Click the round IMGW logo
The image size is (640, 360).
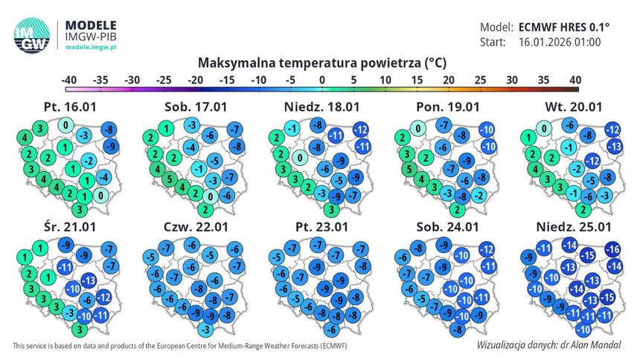[x=32, y=35]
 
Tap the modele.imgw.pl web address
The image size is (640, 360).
[x=91, y=48]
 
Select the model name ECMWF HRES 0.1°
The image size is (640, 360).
[x=564, y=28]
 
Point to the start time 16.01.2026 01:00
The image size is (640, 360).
[x=560, y=42]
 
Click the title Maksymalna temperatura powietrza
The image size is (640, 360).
[x=310, y=63]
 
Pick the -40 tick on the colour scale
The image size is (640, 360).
[x=69, y=80]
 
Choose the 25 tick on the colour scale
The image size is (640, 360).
[x=481, y=80]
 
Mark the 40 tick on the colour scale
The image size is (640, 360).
[x=575, y=80]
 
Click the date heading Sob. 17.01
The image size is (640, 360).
[x=196, y=107]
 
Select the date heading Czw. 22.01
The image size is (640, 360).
[x=196, y=227]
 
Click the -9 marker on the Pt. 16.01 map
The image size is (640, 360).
[x=111, y=146]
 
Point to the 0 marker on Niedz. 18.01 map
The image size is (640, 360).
[x=300, y=158]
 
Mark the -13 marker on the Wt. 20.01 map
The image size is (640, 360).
[x=614, y=146]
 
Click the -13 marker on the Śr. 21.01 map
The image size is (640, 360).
[x=89, y=280]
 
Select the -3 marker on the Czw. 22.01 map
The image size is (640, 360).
[x=206, y=329]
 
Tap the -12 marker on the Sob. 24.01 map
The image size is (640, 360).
[x=487, y=249]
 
